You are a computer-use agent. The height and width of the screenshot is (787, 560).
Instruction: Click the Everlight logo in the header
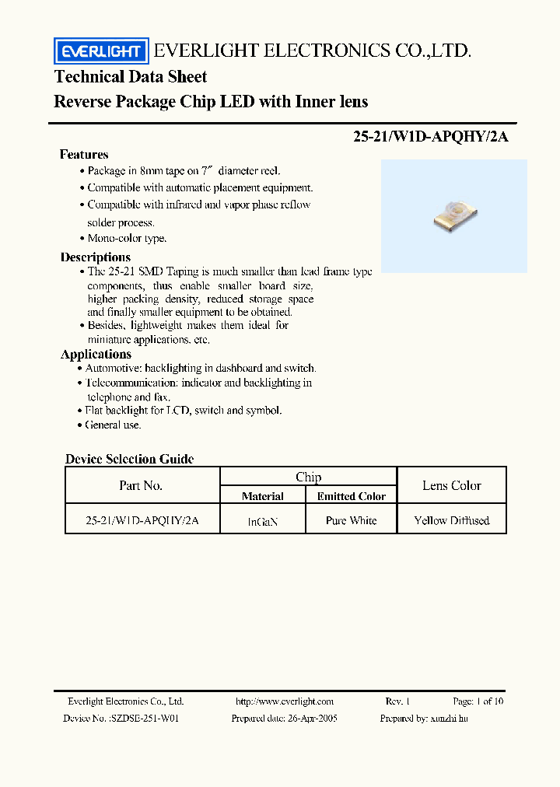(x=100, y=52)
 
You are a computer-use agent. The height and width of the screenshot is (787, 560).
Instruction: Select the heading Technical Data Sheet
(x=131, y=76)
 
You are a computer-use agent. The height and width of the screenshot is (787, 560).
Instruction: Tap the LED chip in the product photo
(x=453, y=215)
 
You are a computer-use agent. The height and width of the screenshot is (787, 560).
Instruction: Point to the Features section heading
(x=84, y=154)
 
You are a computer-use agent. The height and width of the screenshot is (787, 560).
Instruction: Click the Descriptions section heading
(x=96, y=257)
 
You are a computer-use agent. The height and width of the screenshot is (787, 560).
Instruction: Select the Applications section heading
(x=96, y=354)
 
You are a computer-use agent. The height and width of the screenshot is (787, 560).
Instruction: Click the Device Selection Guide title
(x=129, y=459)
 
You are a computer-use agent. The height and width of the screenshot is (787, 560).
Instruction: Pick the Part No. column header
(x=141, y=485)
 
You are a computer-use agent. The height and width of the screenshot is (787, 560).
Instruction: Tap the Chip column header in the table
(x=309, y=477)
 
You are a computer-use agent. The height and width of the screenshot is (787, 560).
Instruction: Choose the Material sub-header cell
(x=263, y=496)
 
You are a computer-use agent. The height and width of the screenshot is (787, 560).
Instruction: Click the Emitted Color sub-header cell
(x=352, y=496)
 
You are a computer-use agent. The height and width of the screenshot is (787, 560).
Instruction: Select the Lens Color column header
(x=452, y=485)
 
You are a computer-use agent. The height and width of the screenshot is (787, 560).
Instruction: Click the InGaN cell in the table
(x=263, y=522)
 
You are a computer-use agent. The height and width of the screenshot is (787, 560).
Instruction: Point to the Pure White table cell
(x=352, y=520)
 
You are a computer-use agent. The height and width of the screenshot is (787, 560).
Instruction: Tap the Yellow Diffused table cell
(x=452, y=520)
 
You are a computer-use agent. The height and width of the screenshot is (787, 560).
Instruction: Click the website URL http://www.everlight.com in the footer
(x=285, y=701)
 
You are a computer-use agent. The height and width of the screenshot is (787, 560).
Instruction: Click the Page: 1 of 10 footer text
(x=478, y=701)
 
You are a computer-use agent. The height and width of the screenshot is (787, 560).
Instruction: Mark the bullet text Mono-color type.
(x=127, y=239)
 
